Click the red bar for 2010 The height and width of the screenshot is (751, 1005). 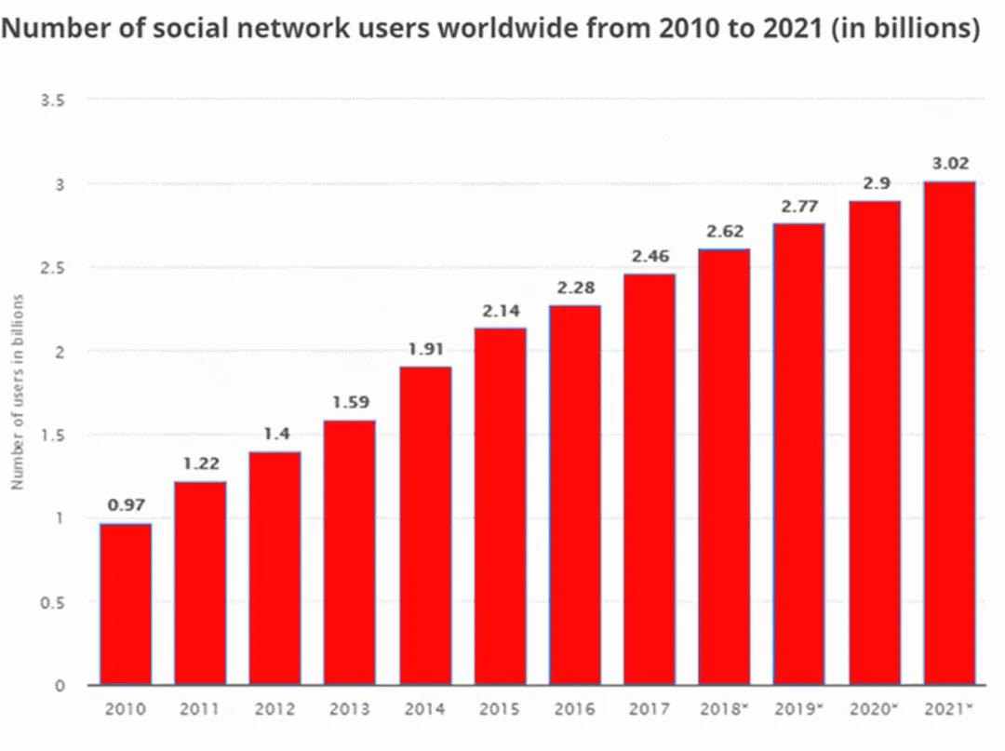tap(126, 605)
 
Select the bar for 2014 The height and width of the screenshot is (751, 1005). tap(425, 526)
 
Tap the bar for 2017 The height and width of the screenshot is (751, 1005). tap(650, 479)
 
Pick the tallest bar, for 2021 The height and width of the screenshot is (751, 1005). tap(948, 433)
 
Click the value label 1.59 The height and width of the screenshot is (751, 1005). tap(351, 403)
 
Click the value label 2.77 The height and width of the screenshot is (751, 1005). tap(799, 207)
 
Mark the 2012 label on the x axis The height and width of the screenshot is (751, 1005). tap(275, 710)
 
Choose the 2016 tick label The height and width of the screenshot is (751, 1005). tap(574, 710)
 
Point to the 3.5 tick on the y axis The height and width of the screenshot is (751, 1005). tap(53, 100)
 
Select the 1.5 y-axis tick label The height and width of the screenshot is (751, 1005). tap(53, 435)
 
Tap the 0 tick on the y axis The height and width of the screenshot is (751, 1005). tap(60, 686)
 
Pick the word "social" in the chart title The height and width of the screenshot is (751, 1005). tap(186, 29)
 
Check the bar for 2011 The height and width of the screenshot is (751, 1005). tap(200, 583)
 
